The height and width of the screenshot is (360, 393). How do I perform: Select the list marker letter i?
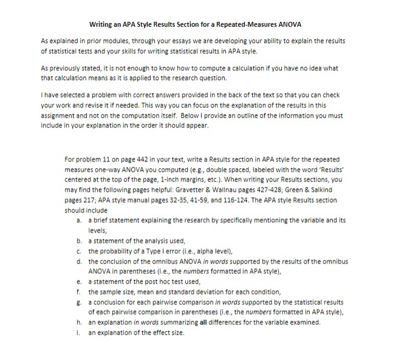(80, 333)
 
